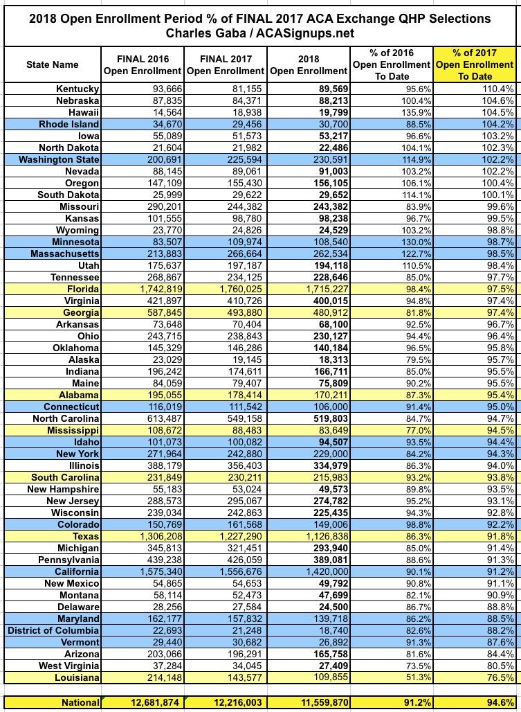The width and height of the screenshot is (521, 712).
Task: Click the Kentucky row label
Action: pos(77,89)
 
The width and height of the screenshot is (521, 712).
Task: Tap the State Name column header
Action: pos(53,64)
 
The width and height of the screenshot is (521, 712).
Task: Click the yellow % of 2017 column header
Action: pos(476,64)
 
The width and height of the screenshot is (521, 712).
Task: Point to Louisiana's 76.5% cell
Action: pos(495,677)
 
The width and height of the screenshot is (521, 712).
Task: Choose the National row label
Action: pos(80,702)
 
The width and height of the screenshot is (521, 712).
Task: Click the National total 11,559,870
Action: pos(316,702)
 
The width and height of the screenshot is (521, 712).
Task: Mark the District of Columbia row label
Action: pos(54,630)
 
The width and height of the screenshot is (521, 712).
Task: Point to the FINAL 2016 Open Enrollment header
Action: pos(143,64)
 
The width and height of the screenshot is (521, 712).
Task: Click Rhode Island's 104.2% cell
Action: pos(495,124)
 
